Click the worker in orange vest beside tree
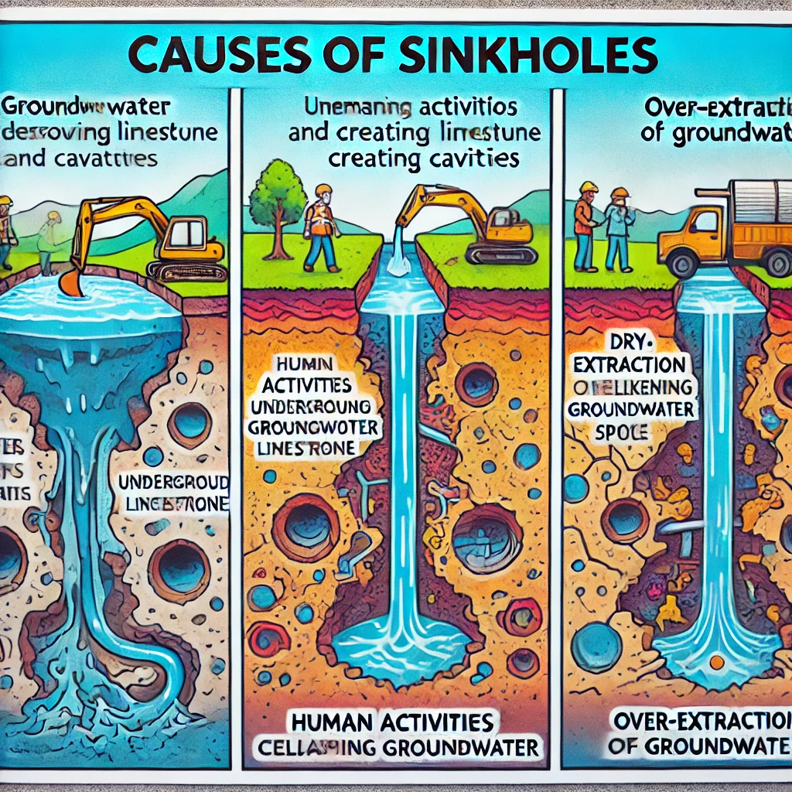pyautogui.click(x=320, y=227)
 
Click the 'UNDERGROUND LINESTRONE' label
pyautogui.click(x=173, y=493)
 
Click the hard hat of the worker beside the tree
pyautogui.click(x=323, y=190)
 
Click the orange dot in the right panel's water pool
pyautogui.click(x=716, y=663)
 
